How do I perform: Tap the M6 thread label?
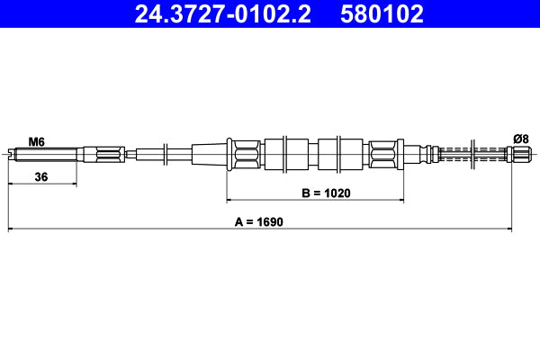pyautogui.click(x=36, y=141)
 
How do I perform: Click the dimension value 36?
pyautogui.click(x=40, y=177)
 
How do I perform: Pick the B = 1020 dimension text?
pyautogui.click(x=325, y=193)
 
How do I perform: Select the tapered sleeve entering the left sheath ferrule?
pyautogui.click(x=209, y=153)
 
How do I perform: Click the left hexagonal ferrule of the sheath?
pyautogui.click(x=245, y=153)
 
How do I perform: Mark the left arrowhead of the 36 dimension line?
pyautogui.click(x=11, y=184)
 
